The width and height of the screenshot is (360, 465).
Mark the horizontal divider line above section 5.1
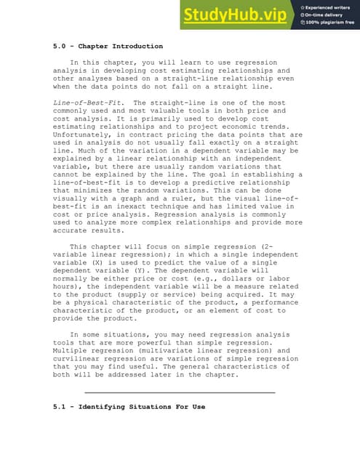click(180, 392)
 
